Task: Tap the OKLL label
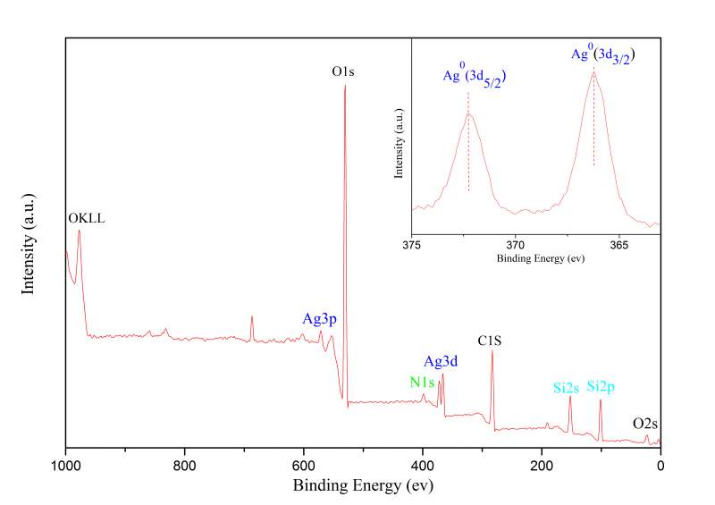87,217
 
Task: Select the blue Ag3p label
319,318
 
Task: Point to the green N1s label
422,383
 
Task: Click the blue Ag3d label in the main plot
441,362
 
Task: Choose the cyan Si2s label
567,388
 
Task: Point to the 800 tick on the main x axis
184,466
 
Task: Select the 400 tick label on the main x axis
423,466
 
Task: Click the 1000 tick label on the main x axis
65,466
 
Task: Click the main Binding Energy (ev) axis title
363,486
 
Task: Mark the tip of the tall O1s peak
345,86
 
